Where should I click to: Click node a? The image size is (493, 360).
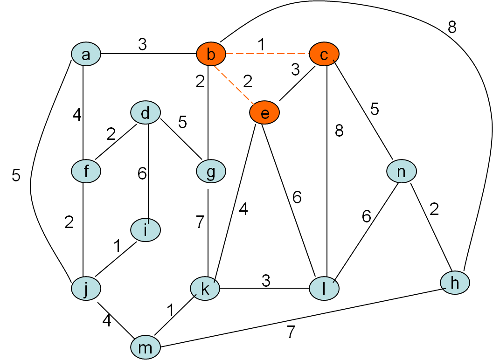click(x=86, y=55)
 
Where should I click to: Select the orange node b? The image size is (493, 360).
click(x=211, y=55)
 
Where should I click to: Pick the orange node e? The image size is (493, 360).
click(x=264, y=113)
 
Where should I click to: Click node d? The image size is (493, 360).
click(x=146, y=113)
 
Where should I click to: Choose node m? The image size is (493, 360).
click(x=146, y=348)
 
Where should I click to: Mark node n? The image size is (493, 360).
click(x=401, y=172)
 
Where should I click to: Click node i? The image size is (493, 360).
click(x=146, y=230)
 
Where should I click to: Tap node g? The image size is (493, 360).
click(x=211, y=172)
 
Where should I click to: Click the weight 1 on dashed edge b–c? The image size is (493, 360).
click(x=261, y=45)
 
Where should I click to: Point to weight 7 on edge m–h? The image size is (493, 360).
click(x=291, y=332)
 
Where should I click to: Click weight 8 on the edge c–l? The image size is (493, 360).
click(x=339, y=131)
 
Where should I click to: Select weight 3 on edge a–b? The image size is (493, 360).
click(x=142, y=45)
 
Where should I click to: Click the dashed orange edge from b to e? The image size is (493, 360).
click(x=238, y=84)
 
